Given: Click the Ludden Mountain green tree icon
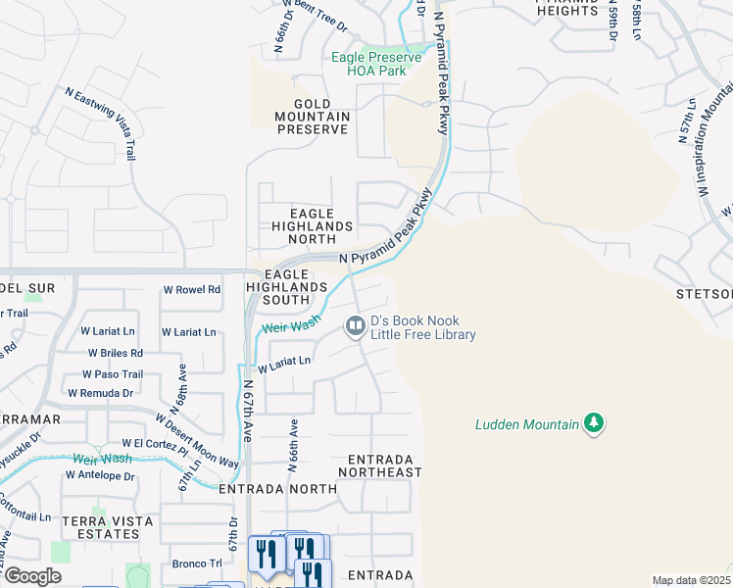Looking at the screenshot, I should point(593,423).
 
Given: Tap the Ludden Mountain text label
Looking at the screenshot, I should point(526,424).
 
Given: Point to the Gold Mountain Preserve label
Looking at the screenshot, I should point(313,117).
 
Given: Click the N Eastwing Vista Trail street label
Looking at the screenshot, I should point(101,122).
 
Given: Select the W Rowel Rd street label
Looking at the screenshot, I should point(191,290).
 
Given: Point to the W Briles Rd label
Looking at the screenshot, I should point(115,353).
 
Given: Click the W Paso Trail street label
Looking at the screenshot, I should point(113,374).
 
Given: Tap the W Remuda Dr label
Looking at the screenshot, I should point(100,393).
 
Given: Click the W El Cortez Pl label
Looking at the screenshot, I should point(154,445).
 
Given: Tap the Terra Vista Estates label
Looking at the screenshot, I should point(100,527).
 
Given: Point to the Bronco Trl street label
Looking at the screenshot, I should point(197,563).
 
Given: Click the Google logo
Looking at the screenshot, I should point(32,576).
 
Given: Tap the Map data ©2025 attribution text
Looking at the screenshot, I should point(691,580).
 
